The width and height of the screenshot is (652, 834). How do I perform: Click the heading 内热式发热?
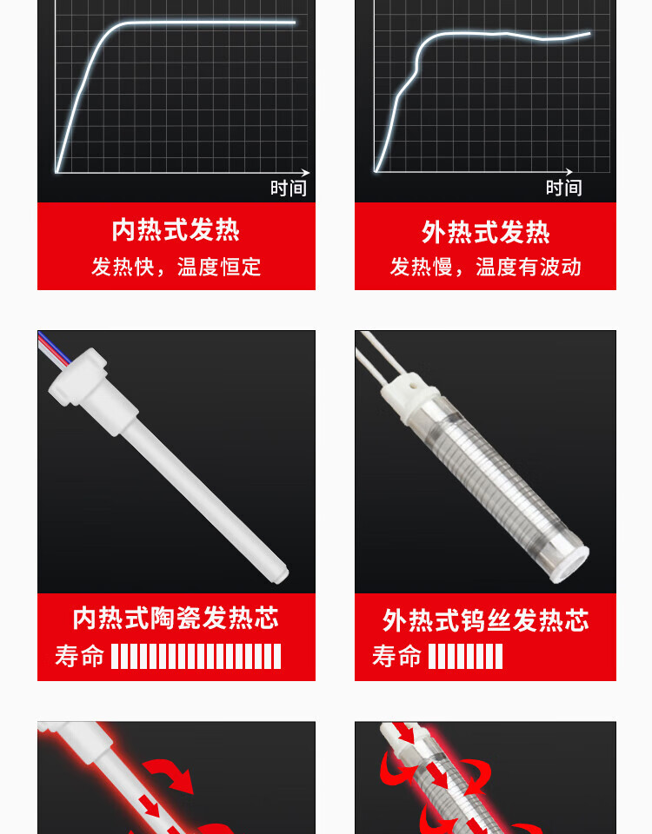tap(176, 230)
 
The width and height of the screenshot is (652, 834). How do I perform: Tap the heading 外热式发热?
tap(485, 233)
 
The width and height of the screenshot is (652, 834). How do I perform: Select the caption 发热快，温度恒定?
tap(176, 267)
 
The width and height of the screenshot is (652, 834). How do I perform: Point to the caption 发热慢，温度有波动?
tap(485, 267)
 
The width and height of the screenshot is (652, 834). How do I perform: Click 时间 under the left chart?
tap(289, 189)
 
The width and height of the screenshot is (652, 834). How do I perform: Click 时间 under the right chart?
tap(563, 188)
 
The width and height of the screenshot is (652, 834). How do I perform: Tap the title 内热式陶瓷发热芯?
tap(176, 618)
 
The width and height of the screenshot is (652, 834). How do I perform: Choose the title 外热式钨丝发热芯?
tap(485, 620)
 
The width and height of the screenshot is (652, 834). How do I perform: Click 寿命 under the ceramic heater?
tap(79, 656)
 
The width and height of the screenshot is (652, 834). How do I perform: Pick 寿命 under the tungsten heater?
tap(396, 656)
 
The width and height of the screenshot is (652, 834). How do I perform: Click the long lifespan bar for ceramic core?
tap(196, 657)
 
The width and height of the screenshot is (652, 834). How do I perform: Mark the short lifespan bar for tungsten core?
tap(465, 657)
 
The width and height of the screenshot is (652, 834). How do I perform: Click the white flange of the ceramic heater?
tap(78, 376)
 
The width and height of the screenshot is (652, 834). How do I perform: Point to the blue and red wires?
tap(53, 348)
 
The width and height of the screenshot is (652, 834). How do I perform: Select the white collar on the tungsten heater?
tap(407, 396)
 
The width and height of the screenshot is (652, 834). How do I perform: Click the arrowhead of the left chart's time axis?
tap(305, 172)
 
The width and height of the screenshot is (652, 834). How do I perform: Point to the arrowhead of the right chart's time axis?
tap(569, 172)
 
